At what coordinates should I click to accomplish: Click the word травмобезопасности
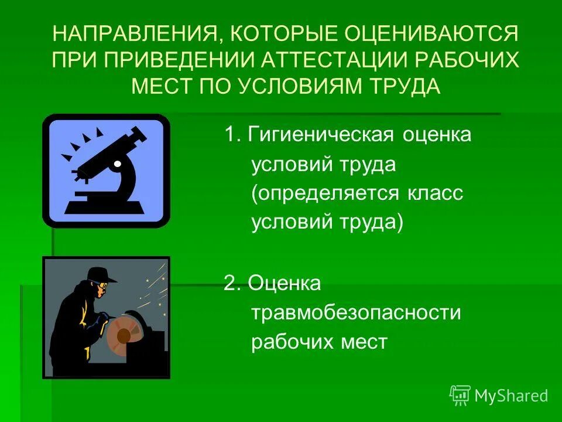357,312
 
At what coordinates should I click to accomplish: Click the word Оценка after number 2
285,284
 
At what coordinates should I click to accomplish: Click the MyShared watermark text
511,396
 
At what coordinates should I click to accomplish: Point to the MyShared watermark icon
460,396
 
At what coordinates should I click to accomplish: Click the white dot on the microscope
117,165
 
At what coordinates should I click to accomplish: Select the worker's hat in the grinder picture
101,275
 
